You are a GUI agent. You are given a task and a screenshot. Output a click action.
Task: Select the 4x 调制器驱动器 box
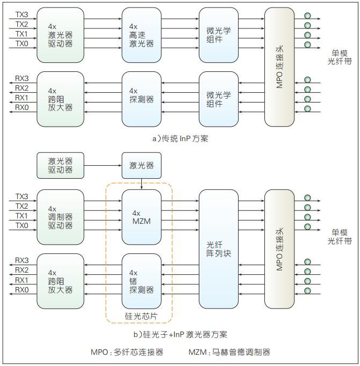coord(60,214)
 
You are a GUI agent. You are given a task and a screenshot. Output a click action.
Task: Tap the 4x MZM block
coord(141,214)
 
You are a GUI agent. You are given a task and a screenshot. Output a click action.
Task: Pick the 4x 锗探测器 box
coord(141,280)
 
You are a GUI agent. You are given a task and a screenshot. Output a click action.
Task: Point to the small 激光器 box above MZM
coord(141,165)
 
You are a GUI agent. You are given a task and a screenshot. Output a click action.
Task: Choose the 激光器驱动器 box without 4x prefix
coord(60,165)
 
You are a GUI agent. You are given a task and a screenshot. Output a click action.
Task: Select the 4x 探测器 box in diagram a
coord(141,95)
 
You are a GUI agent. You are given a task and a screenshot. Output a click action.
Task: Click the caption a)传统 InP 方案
coord(180,138)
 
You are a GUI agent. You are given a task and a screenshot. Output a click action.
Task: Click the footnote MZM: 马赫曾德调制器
coord(229,352)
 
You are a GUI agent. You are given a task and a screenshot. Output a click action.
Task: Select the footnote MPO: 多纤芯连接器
coord(127,352)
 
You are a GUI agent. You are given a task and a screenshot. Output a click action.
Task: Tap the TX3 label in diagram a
coord(21,14)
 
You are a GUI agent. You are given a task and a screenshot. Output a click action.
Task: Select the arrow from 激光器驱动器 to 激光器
coord(103,165)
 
